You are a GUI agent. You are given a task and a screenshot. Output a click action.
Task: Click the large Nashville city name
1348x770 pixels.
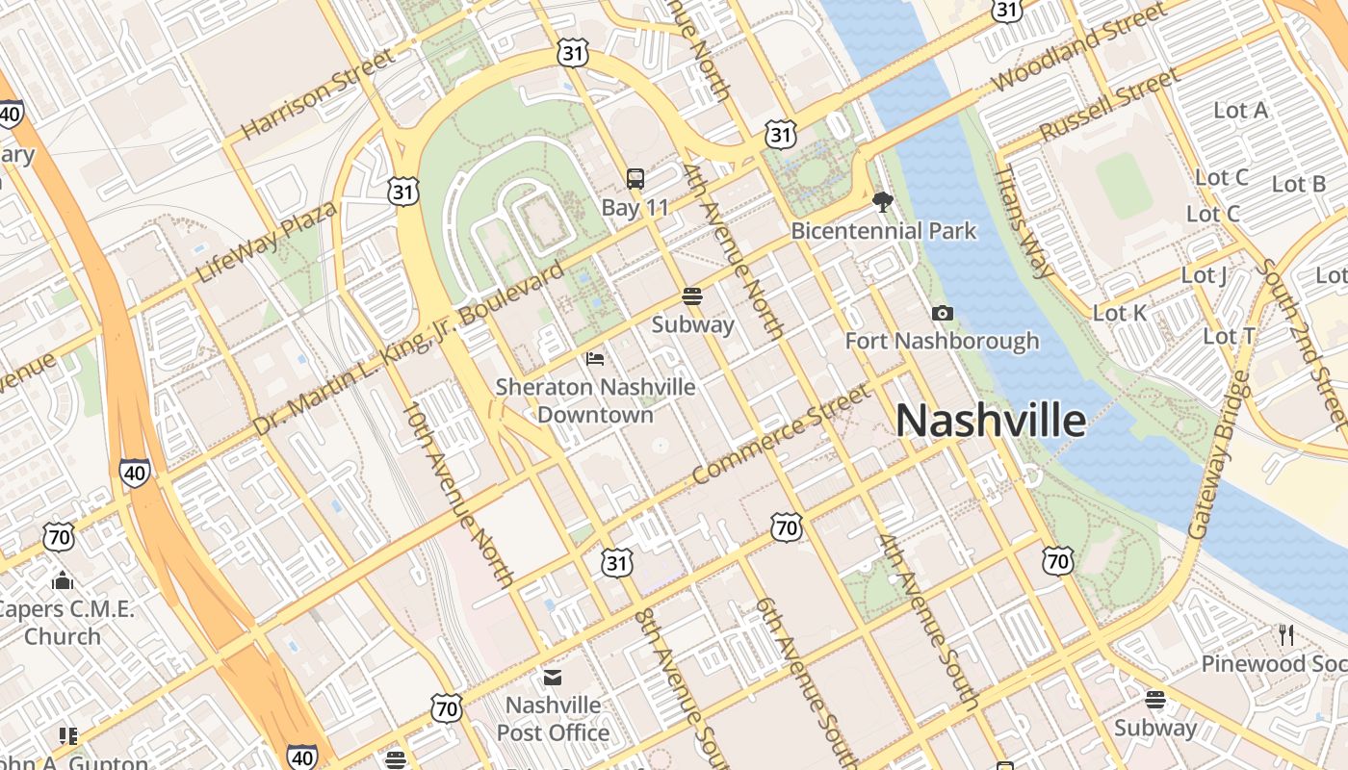tap(991, 421)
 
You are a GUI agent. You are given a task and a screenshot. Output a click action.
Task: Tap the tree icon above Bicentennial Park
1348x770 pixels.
tap(882, 201)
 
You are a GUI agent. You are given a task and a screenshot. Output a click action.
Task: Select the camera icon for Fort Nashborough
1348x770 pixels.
tap(943, 313)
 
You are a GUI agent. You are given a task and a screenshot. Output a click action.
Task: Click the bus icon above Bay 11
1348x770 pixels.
tap(635, 178)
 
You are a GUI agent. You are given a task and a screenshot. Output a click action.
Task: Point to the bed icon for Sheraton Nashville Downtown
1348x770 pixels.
tap(595, 359)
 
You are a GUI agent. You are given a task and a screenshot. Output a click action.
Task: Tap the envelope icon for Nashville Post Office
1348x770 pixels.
tap(553, 678)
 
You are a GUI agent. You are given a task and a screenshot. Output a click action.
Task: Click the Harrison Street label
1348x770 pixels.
tap(318, 93)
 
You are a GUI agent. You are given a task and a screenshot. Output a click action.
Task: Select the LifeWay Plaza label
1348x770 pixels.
tap(267, 242)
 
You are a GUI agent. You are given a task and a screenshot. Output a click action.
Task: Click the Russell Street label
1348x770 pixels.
tap(1109, 104)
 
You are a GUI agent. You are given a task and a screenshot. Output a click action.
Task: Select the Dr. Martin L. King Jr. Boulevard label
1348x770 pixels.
tap(408, 348)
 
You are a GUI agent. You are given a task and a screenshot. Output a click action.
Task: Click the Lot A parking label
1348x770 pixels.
tap(1240, 111)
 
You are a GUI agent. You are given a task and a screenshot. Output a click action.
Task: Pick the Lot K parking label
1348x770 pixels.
tap(1120, 313)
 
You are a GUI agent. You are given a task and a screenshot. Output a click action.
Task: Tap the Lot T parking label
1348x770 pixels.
tap(1230, 336)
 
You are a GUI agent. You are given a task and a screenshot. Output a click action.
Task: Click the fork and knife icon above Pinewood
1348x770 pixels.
tap(1285, 634)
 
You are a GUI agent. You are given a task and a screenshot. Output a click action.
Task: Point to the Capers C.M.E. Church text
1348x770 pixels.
tap(65, 623)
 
